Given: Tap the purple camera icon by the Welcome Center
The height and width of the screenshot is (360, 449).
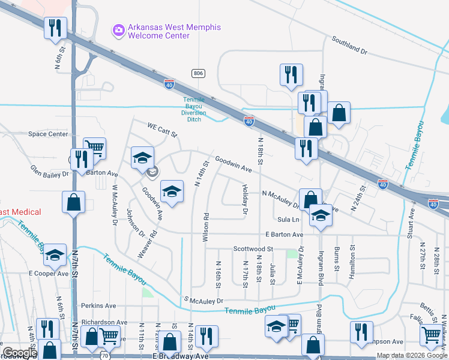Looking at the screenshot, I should tap(118, 29).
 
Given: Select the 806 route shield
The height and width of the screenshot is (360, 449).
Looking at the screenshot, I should tap(198, 73).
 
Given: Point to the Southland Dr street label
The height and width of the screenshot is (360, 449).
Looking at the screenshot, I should tap(349, 46).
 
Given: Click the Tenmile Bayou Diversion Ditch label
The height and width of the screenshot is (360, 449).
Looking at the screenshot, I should tap(194, 109).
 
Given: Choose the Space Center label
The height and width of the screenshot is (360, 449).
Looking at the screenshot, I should tap(48, 134).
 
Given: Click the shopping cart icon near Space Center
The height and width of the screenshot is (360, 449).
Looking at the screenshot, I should tap(94, 146).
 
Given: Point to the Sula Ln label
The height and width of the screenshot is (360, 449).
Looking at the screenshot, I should tap(288, 220).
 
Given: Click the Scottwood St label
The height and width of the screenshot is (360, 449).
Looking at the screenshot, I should tap(253, 248).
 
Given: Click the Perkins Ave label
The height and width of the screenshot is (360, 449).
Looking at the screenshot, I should tap(98, 305).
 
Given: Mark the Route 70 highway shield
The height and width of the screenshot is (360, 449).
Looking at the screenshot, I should tap(104, 348).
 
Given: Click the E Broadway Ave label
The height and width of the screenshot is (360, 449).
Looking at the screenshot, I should tap(181, 356).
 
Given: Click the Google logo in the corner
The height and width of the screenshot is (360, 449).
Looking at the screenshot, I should tap(19, 353).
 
